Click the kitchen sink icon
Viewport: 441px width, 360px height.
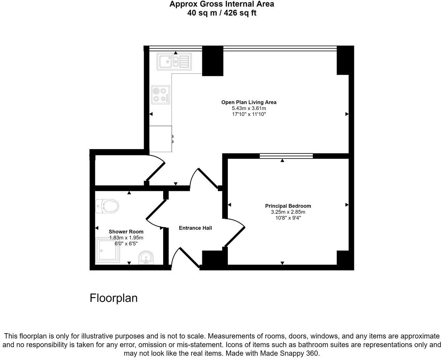pyautogui.click(x=173, y=61)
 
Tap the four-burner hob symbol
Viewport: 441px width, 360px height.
pyautogui.click(x=160, y=94)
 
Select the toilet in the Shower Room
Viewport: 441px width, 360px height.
pyautogui.click(x=107, y=207)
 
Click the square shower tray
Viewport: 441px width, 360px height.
pyautogui.click(x=108, y=250)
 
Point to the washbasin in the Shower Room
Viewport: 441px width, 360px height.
pyautogui.click(x=146, y=258)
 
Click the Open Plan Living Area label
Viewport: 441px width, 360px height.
pyautogui.click(x=249, y=102)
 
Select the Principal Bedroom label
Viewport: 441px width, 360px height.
pyautogui.click(x=288, y=206)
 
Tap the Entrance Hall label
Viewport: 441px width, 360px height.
pyautogui.click(x=195, y=228)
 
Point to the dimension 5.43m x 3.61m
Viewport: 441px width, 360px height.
pyautogui.click(x=249, y=109)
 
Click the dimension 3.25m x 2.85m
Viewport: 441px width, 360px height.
pyautogui.click(x=288, y=212)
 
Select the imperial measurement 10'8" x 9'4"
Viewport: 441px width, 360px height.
pyautogui.click(x=288, y=218)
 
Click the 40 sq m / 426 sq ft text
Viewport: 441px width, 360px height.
pyautogui.click(x=222, y=13)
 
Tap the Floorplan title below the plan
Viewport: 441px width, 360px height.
pyautogui.click(x=114, y=298)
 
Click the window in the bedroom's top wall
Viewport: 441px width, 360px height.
pyautogui.click(x=286, y=156)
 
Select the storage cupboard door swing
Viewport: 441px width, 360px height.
pyautogui.click(x=156, y=169)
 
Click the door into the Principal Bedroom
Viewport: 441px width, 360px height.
pyautogui.click(x=235, y=232)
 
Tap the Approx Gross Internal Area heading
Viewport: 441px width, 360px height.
pyautogui.click(x=222, y=4)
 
